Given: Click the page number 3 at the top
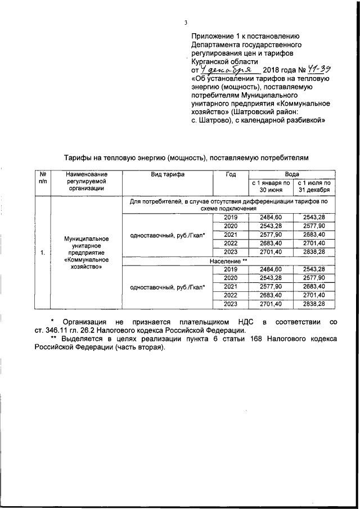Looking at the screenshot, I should coord(185,23).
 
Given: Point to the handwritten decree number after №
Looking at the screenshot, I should coord(317,69).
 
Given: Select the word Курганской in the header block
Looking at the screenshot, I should coord(211,61).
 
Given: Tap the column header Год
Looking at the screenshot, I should coord(231,175).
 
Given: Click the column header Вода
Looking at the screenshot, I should coord(292,175).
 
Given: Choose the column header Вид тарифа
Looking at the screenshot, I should coord(167,175).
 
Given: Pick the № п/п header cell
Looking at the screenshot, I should coord(43,179).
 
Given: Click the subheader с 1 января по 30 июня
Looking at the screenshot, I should coord(271,186).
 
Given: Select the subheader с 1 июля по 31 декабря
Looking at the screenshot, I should coord(314,186).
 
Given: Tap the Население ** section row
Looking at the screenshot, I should coord(229,262).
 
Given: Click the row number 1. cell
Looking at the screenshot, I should coord(43,252).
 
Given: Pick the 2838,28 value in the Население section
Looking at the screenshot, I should coord(314,304).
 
